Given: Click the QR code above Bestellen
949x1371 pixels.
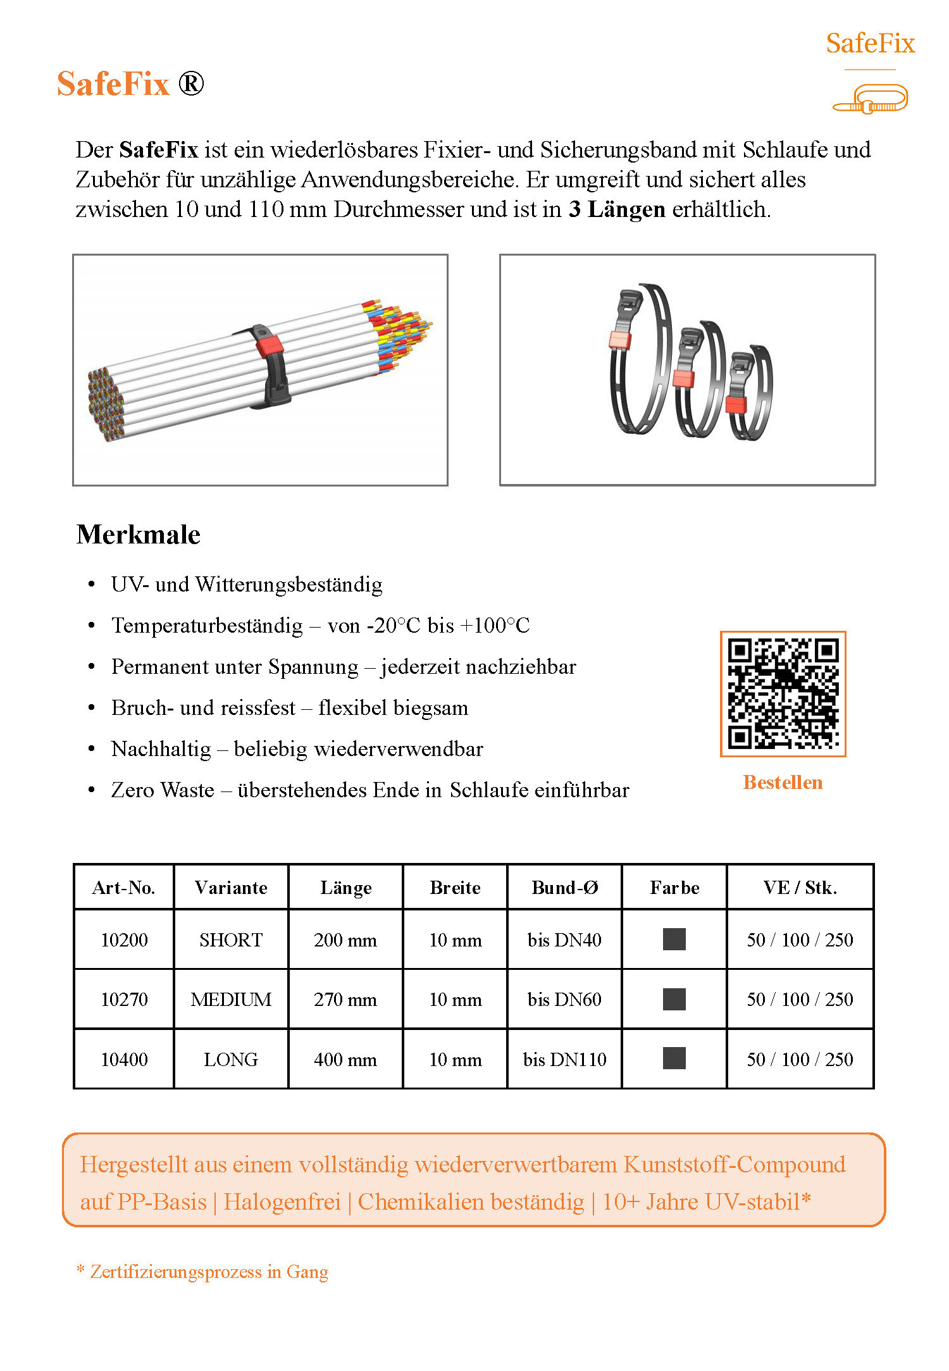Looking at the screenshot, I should [783, 693].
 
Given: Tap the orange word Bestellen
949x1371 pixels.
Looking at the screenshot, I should [783, 783].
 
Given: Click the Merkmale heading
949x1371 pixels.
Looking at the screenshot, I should [138, 535].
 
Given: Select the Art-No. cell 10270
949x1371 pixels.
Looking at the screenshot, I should [124, 1000].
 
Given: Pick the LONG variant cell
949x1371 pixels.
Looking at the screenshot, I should [231, 1060].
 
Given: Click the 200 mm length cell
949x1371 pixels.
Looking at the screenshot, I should [345, 940].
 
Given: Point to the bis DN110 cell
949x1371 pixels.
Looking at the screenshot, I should [564, 1060].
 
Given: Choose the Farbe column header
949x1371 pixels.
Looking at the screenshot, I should [674, 888].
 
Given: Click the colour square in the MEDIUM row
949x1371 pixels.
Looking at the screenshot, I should [674, 1000].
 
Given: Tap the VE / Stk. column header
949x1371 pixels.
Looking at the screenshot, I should [800, 888].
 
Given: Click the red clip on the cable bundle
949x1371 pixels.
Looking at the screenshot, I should [270, 345].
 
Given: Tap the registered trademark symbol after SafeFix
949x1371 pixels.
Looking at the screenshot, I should [190, 84].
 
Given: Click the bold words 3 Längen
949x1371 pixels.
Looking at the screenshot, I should [617, 209].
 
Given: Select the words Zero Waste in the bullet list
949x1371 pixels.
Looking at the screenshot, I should [163, 790].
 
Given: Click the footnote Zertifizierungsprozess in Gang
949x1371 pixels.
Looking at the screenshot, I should [209, 1272].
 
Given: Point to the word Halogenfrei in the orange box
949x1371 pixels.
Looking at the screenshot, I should [282, 1201].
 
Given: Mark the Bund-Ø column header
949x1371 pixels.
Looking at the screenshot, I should [564, 888].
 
